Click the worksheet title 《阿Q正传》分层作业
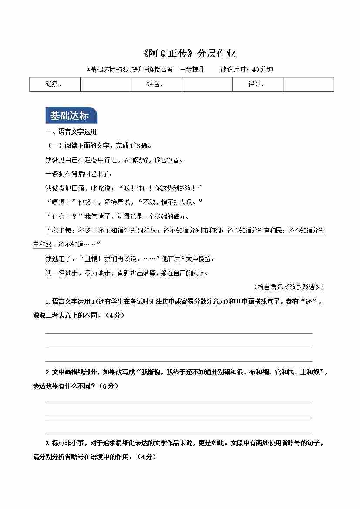[189, 54]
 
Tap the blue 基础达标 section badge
[70, 115]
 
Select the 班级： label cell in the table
[54, 84]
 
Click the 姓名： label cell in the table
[156, 84]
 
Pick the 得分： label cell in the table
[257, 84]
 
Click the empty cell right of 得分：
[308, 84]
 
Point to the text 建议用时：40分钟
[246, 69]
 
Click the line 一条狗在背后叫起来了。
[73, 174]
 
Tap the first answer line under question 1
[178, 333]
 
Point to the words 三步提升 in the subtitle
[192, 69]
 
